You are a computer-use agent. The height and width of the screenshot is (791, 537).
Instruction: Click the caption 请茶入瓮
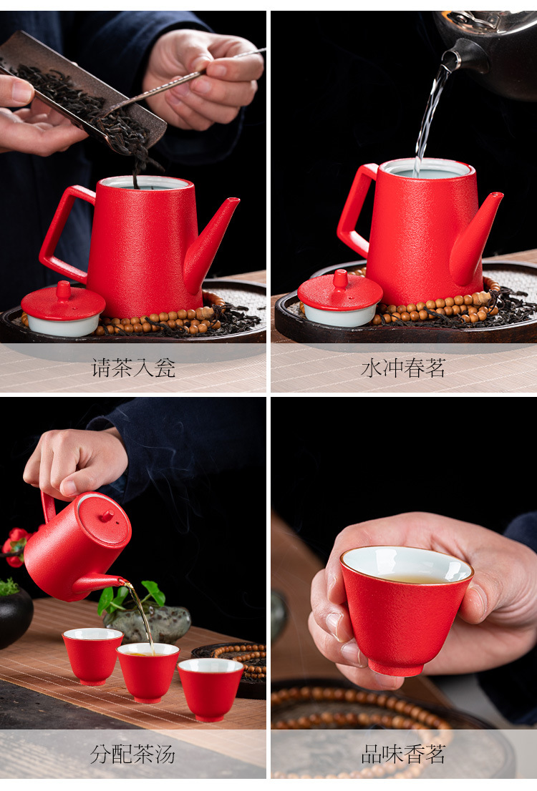coord(133,368)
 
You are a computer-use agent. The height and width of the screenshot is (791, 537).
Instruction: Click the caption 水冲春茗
coord(403,368)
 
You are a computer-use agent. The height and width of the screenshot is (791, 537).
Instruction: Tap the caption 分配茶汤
coord(133,755)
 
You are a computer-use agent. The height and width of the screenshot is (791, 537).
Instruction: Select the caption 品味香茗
coord(403,755)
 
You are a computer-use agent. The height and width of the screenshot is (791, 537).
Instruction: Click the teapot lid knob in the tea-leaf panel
coord(64,290)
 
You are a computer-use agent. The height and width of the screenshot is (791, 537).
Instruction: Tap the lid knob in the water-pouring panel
coord(341,279)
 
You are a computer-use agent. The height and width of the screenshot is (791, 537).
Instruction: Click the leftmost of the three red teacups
coord(92,655)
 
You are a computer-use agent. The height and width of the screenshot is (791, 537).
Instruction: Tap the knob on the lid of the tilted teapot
coord(107,516)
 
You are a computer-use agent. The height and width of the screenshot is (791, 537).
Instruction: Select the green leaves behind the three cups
coord(130,595)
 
